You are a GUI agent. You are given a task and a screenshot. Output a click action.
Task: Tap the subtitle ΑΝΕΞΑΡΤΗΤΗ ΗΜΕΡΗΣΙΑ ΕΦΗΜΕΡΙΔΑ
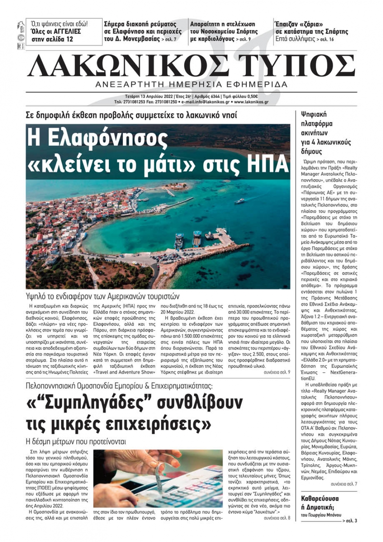point(191,84)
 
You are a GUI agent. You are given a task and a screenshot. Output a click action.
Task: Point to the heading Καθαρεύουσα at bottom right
point(320,499)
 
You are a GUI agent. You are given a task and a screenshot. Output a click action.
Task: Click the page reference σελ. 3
point(351,521)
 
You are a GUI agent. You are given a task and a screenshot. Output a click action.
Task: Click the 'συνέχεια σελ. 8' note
point(277,518)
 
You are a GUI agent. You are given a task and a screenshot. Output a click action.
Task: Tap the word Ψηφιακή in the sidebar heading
point(314,114)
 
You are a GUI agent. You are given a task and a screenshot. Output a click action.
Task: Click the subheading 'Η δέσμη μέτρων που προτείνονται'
point(76,441)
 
